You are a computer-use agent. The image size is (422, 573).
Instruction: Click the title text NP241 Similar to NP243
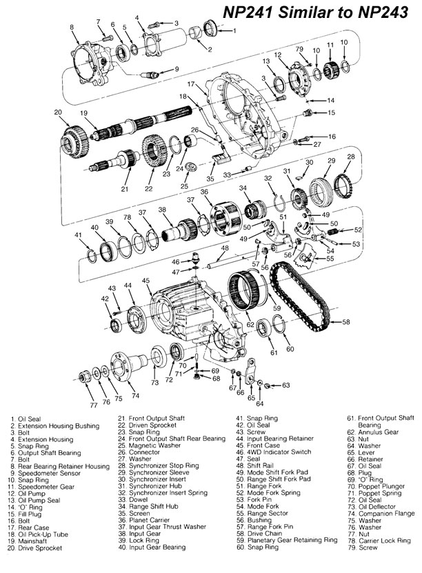tap(315, 13)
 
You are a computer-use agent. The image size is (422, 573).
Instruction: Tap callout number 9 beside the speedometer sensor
tap(177, 68)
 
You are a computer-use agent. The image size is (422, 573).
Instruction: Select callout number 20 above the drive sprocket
tap(58, 112)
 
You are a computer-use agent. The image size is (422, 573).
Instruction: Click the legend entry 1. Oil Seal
tap(28, 419)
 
